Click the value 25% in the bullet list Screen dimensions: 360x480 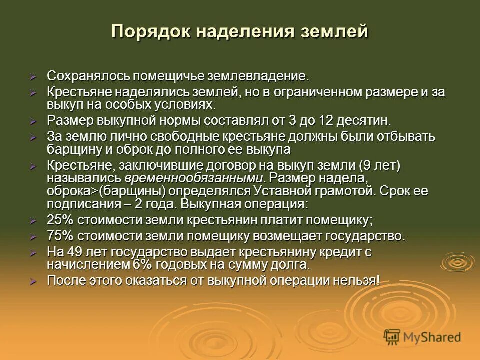click(60, 220)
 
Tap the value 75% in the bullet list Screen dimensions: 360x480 click(60, 236)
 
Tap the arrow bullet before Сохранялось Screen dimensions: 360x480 click(33, 77)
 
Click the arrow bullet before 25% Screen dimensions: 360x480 click(33, 221)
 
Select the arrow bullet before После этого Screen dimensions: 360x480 click(33, 281)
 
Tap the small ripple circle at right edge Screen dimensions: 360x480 click(456, 261)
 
